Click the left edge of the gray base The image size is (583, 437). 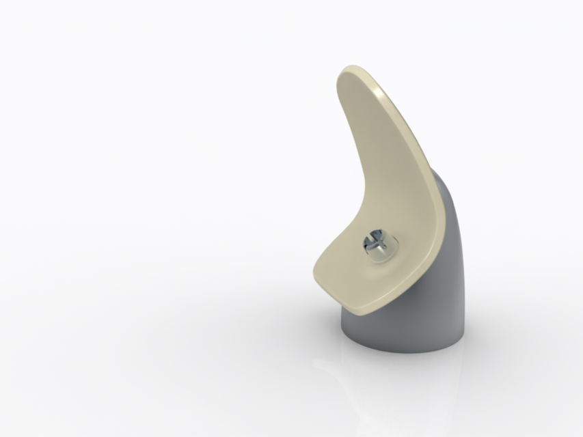(344, 328)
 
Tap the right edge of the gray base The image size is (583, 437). (466, 321)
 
